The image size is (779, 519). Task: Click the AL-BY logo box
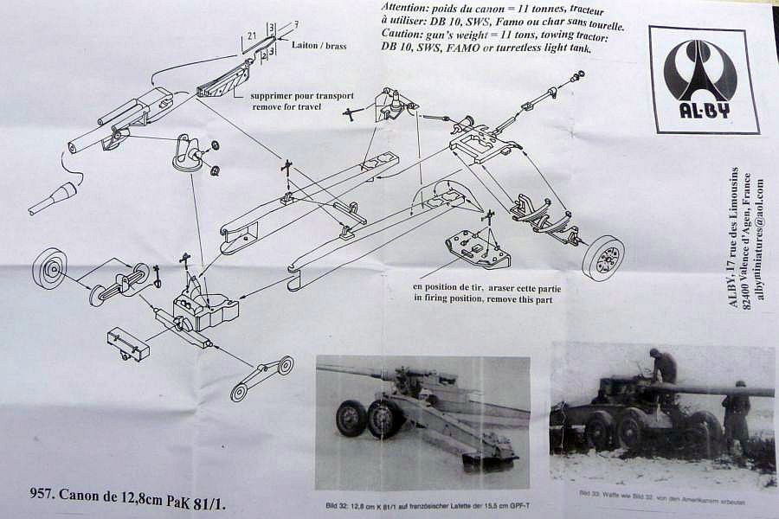point(703,79)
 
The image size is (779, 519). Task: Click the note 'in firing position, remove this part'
point(488,298)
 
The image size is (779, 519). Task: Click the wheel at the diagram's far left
point(49,268)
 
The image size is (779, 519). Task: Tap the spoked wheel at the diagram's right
point(602,257)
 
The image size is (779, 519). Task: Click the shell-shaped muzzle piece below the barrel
point(54,198)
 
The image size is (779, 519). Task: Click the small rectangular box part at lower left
point(128,343)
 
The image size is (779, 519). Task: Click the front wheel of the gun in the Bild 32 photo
point(351,418)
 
